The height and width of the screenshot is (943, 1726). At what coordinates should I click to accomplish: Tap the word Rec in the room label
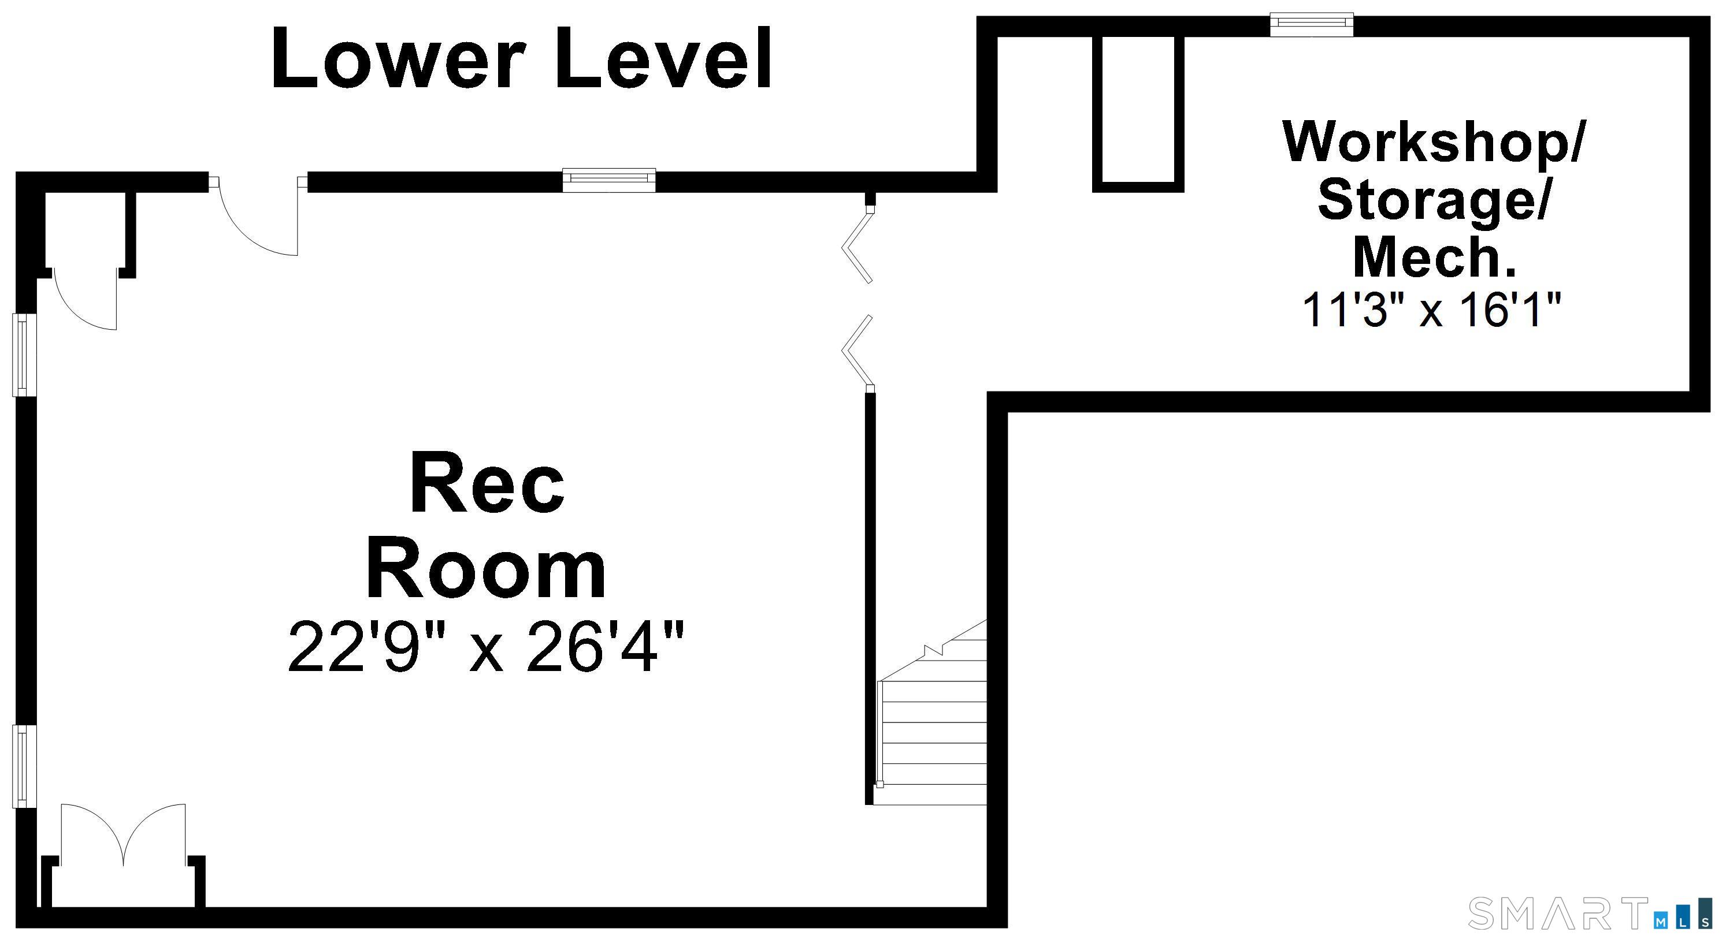coord(487,483)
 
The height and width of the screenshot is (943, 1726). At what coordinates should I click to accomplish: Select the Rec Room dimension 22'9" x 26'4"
coord(487,646)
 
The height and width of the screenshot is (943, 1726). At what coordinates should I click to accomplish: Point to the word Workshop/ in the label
coord(1433,142)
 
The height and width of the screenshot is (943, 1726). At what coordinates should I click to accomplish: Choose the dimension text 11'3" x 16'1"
coord(1432,310)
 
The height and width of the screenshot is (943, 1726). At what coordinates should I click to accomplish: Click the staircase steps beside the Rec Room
coord(931,742)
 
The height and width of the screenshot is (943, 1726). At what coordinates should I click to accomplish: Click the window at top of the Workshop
coord(1312,25)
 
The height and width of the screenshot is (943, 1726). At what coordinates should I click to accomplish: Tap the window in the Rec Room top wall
coord(608,180)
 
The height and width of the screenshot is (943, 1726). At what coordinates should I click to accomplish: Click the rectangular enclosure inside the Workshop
coord(1138,113)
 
